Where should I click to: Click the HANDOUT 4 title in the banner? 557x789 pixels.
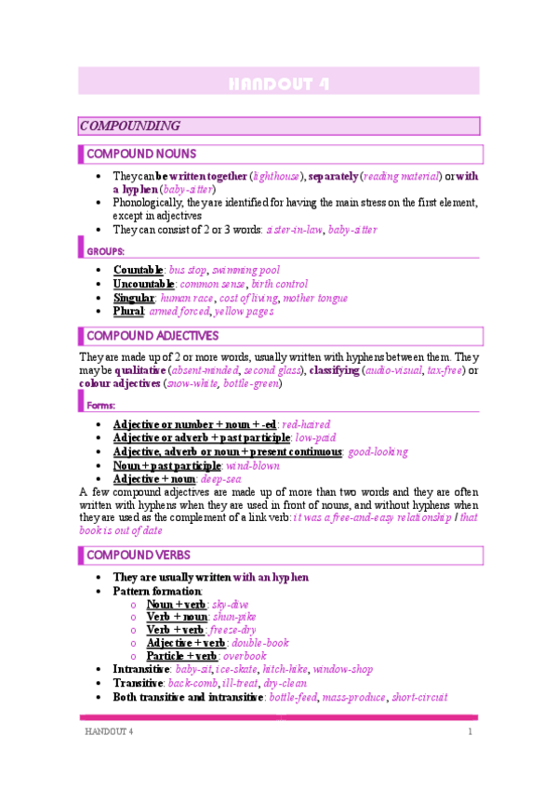click(278, 84)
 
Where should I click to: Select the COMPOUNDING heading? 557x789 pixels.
click(129, 126)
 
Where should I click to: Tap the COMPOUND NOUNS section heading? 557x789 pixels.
click(140, 154)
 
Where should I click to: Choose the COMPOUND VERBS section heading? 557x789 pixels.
click(135, 555)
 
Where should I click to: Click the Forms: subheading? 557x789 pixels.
click(101, 406)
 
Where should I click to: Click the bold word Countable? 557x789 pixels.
click(138, 270)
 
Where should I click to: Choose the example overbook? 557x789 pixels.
click(244, 656)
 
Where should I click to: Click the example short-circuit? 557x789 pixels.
click(418, 697)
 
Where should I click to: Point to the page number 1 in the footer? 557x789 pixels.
click(471, 732)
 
